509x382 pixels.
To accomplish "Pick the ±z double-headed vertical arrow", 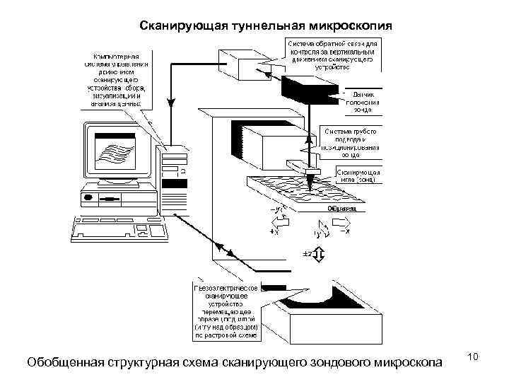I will click(x=318, y=253).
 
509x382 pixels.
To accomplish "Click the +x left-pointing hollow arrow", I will click(x=276, y=231).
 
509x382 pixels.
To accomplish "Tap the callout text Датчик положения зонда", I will click(x=363, y=102).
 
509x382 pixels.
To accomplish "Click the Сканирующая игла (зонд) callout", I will click(x=359, y=176).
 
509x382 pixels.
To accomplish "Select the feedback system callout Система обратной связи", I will click(x=332, y=54).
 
